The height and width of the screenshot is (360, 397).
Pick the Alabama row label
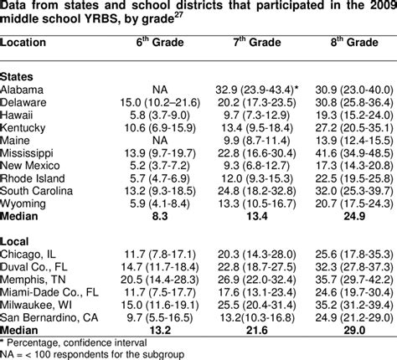[23, 86]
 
